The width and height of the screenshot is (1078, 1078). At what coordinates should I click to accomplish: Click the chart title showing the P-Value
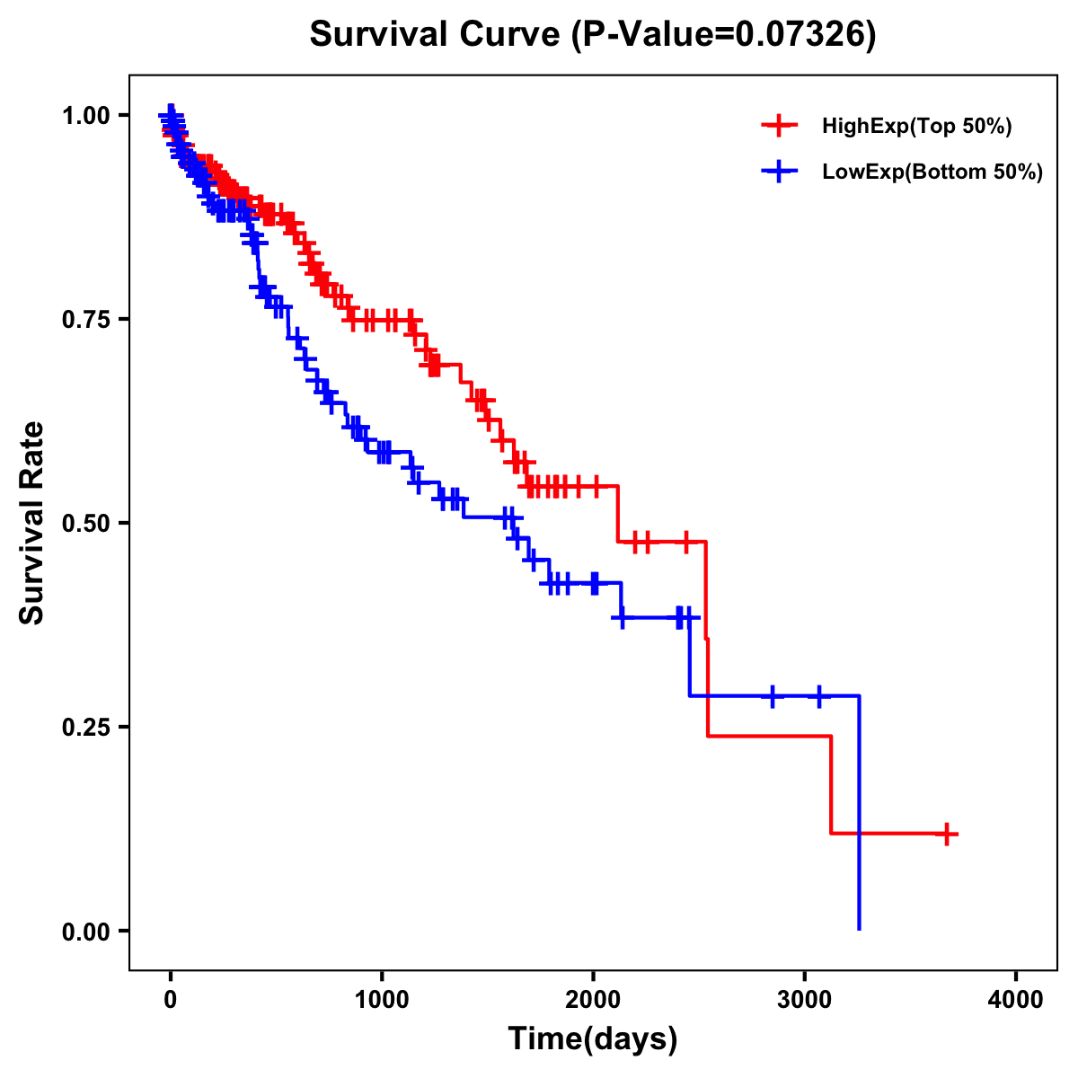point(592,35)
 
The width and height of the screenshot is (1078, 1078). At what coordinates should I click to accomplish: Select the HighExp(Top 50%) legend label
point(917,127)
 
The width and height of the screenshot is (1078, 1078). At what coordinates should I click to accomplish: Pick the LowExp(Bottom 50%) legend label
point(932,172)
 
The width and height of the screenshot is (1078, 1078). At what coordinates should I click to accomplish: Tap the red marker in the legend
point(779,126)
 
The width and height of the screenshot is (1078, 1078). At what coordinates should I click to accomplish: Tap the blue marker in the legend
point(779,171)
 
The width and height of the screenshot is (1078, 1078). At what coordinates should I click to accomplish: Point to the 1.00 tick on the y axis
point(88,116)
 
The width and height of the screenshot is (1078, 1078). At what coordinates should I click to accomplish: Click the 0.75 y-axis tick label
point(88,320)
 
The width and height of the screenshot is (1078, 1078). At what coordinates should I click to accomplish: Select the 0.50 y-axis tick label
point(88,524)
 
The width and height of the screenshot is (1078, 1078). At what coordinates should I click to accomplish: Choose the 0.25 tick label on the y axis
point(88,728)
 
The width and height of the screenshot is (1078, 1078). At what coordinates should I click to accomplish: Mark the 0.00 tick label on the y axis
point(88,932)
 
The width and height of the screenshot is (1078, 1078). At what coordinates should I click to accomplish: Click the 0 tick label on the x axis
point(171,1000)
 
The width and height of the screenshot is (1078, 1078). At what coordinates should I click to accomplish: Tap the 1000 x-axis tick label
point(382,1000)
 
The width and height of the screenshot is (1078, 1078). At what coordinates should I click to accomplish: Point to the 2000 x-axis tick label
point(593,1000)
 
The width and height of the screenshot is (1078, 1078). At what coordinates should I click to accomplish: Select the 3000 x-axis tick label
point(805,1000)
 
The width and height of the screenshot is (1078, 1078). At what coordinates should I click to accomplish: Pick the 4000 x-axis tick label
point(1016,1000)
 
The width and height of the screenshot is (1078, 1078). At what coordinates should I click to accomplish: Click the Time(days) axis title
point(593,1039)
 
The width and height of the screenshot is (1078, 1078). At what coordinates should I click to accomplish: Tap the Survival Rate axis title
point(32,523)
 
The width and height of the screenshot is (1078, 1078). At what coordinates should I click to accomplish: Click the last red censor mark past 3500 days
point(946,834)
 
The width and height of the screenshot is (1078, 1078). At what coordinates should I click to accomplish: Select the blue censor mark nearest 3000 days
point(818,696)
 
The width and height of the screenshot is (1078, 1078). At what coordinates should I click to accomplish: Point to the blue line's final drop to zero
point(860,898)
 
